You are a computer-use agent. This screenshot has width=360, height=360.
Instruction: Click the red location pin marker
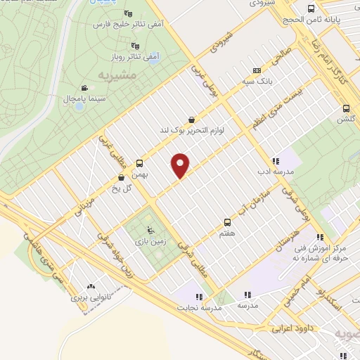click(181, 165)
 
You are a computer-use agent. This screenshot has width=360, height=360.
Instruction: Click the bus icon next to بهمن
click(139, 162)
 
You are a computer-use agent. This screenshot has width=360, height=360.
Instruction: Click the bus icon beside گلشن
click(345, 108)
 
